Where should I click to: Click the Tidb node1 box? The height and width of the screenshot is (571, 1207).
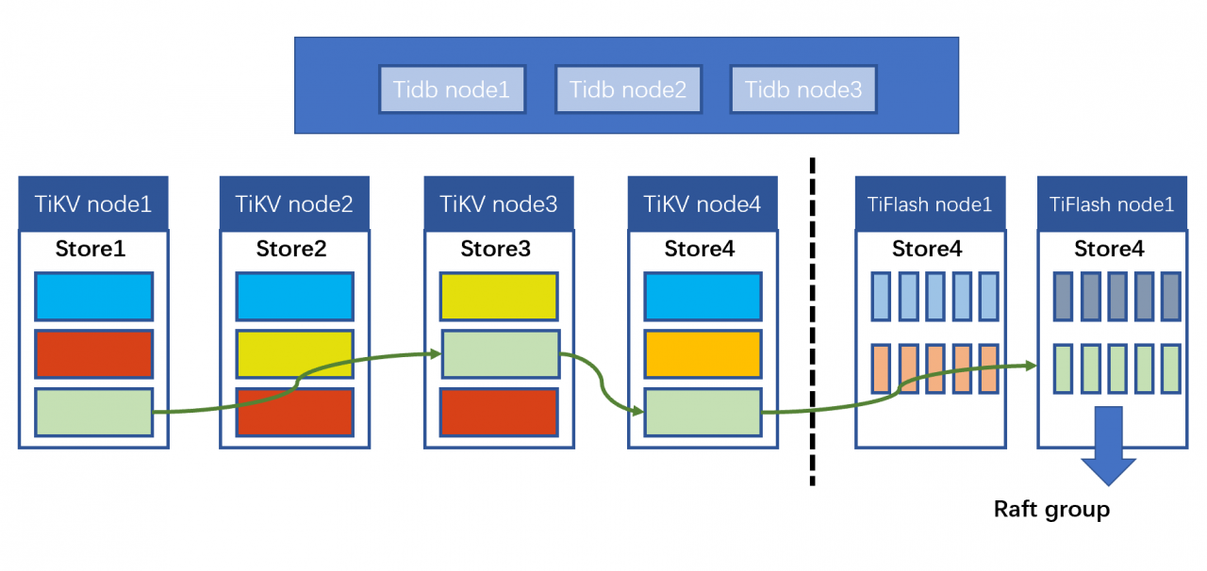point(452,90)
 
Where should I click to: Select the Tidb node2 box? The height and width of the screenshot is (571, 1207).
point(628,90)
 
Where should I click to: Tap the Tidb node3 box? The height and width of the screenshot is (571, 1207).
point(803,90)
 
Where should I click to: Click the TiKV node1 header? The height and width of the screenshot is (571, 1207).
point(93,204)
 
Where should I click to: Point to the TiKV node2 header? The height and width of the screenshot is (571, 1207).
point(294,204)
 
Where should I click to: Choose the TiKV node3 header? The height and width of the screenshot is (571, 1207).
point(499,204)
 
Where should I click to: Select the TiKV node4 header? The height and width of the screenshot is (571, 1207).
point(703,204)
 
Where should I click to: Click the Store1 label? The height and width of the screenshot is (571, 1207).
point(91,249)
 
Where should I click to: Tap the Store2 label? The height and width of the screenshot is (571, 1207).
point(291,249)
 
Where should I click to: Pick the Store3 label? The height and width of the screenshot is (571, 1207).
point(496,249)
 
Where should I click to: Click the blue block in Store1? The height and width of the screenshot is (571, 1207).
point(93,296)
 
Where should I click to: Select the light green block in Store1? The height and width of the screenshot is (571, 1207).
point(93,412)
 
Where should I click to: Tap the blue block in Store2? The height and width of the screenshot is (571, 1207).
point(295,296)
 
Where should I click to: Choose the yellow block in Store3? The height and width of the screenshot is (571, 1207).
point(499,296)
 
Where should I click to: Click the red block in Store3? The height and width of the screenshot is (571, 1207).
point(499,412)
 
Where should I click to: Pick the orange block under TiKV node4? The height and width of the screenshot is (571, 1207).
point(703,354)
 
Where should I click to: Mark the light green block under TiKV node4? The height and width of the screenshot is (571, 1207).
point(703,412)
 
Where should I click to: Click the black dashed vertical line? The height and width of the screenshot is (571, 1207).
point(813,321)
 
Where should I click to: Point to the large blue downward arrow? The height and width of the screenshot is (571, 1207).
point(1109,446)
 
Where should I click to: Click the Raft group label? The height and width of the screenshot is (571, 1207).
point(1051,510)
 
